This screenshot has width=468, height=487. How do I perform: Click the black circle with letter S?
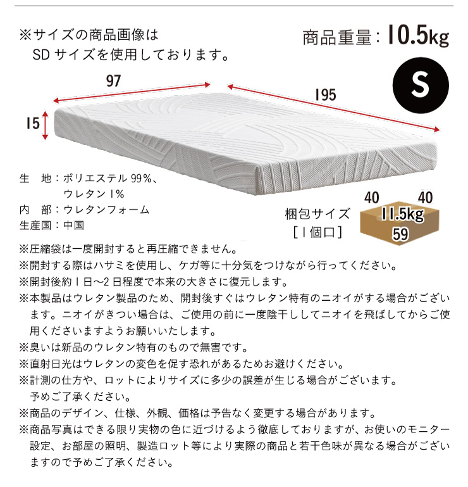click(x=420, y=85)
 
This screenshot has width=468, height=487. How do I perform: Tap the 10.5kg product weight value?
click(x=418, y=35)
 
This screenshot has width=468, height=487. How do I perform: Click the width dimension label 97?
click(x=113, y=81)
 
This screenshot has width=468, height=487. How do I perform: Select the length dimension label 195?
click(x=326, y=95)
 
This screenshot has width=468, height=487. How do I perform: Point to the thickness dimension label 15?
click(x=33, y=123)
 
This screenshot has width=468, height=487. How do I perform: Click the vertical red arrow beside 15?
click(x=46, y=125)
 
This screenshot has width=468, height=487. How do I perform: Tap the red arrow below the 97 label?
click(x=132, y=92)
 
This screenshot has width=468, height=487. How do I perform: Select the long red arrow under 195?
click(x=333, y=108)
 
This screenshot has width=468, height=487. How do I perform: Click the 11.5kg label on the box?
click(x=403, y=214)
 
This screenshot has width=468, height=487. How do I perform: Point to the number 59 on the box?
click(x=400, y=234)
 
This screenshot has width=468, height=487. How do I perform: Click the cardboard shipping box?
click(x=400, y=226)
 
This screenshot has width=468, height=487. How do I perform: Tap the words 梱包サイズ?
click(x=317, y=214)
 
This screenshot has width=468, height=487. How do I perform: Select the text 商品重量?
click(x=337, y=38)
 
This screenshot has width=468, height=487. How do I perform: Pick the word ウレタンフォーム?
click(x=106, y=210)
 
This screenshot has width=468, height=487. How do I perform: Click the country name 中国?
click(x=73, y=225)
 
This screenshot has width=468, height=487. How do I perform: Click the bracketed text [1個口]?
click(x=317, y=232)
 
